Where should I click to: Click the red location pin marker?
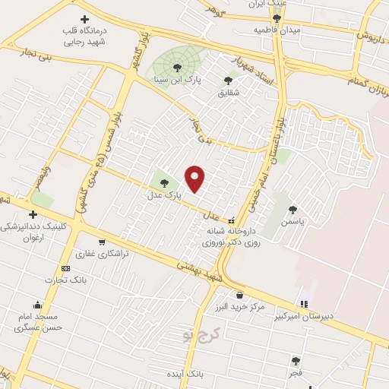(195, 179)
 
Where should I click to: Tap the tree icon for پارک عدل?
(164, 182)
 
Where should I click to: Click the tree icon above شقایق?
(228, 79)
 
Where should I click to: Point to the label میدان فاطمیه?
(278, 29)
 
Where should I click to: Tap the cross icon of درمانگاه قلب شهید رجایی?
(84, 18)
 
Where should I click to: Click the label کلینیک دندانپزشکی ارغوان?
(33, 231)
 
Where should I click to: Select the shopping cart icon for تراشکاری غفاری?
(81, 242)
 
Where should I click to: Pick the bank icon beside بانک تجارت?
(65, 268)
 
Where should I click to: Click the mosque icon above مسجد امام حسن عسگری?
(36, 305)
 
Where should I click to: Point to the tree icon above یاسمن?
(293, 209)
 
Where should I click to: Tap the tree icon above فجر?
(296, 361)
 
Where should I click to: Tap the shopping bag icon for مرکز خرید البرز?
(239, 295)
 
